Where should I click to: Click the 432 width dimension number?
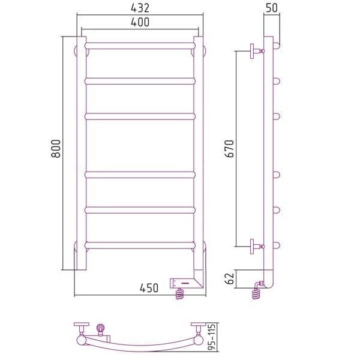point(140,8)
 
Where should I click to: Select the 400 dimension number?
point(140,22)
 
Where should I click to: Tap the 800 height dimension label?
point(56,149)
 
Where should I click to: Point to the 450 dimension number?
point(149,288)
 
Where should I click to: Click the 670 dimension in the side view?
point(229,149)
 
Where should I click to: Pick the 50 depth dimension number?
point(272,8)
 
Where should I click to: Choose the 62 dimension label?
point(229,278)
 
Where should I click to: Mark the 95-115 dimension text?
point(212,337)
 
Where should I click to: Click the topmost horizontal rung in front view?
point(140,46)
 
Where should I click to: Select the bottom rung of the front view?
point(140,245)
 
